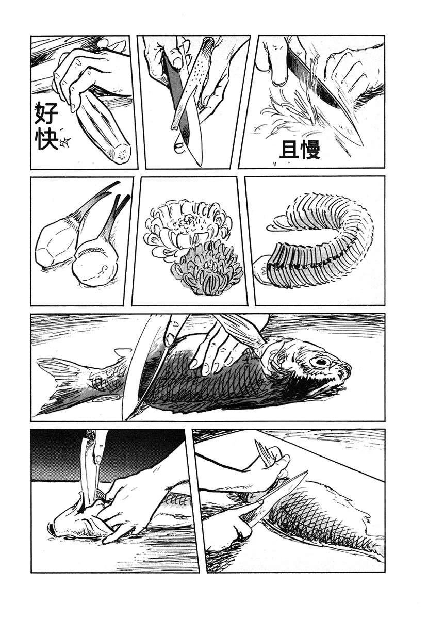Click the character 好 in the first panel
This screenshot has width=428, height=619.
(46, 113)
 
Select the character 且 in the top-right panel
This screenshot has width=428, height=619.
(289, 150)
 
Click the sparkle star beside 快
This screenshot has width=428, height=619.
(65, 142)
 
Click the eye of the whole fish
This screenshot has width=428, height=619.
(321, 362)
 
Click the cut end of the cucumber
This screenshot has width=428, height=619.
(121, 153)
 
